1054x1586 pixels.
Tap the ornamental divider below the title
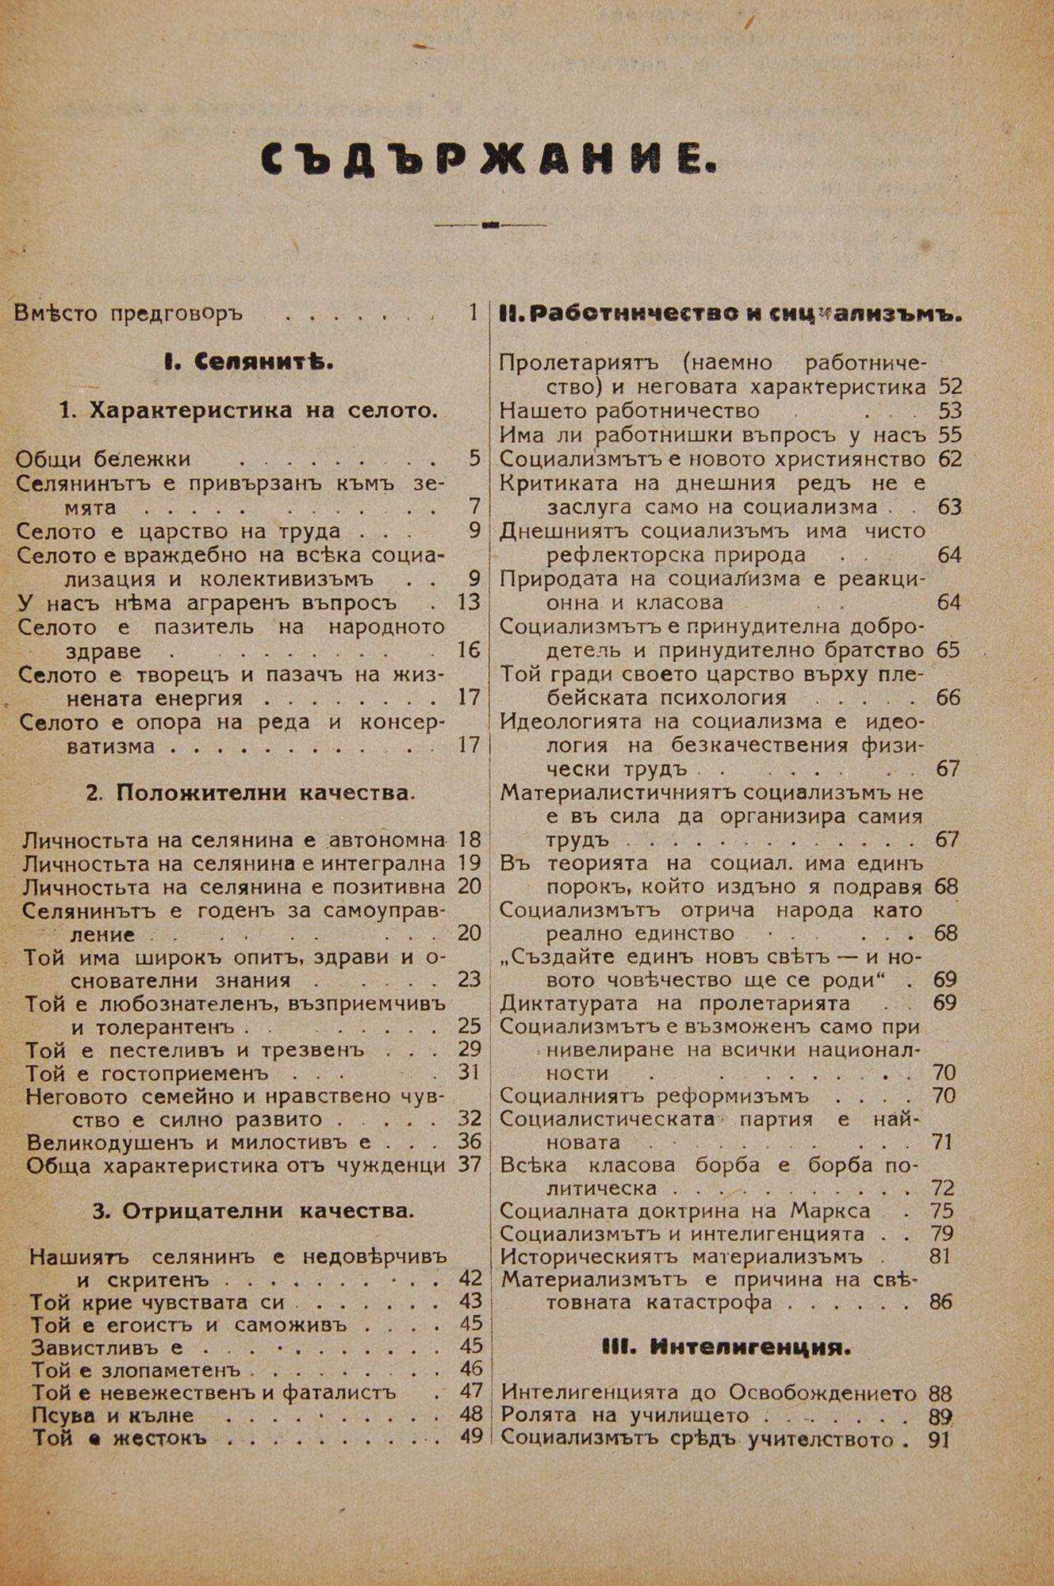[489, 225]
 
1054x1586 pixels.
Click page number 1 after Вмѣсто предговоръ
[473, 312]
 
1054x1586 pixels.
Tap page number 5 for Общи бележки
[474, 458]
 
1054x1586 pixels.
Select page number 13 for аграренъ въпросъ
[469, 602]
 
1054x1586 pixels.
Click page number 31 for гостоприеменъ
[470, 1072]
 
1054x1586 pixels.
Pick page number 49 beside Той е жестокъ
[471, 1436]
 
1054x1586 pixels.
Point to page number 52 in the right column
[949, 387]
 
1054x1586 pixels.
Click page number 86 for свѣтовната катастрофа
[940, 1301]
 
